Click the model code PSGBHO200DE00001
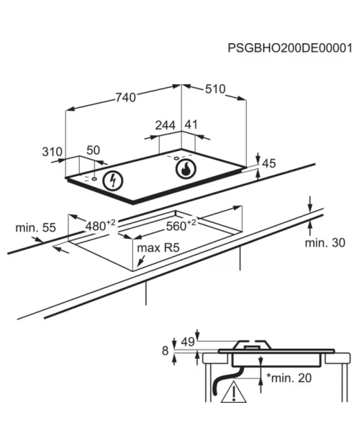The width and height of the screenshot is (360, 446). coord(289,48)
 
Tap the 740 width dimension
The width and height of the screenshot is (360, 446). coord(125,98)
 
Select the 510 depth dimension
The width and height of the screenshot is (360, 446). coord(215,89)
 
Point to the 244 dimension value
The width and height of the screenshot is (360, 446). coord(166,125)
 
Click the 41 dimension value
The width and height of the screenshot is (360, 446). coord(191,124)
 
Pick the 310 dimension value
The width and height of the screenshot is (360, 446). coord(52,152)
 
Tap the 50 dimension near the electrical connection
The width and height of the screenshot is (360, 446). coord(94,150)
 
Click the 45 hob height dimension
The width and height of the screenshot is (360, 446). coord(269,163)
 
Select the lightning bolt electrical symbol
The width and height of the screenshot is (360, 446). coord(113,181)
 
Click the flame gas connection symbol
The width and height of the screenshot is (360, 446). coord(186,169)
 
